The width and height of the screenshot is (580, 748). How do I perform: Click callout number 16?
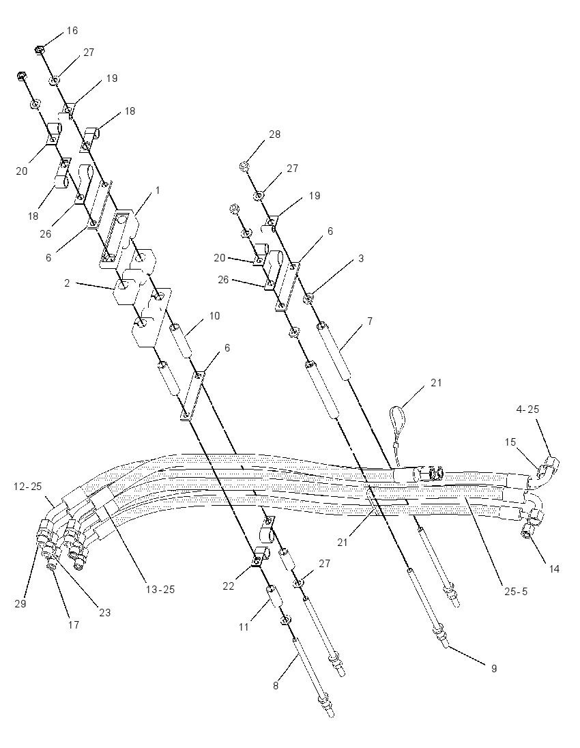point(72,31)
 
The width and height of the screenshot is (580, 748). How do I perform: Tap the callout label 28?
point(275,134)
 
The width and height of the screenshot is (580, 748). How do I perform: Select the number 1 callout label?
point(158,190)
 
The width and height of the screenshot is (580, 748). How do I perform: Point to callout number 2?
point(68,283)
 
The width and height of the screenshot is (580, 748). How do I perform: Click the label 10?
point(215,316)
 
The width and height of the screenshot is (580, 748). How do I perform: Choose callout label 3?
point(361,259)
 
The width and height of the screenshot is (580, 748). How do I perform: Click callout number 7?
point(370,321)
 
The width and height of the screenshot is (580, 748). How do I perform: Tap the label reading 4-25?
point(527,409)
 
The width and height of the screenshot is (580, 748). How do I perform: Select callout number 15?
point(510,442)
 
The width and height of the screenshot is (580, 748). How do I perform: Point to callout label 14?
point(554,569)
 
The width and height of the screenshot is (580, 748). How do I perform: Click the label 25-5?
point(515,592)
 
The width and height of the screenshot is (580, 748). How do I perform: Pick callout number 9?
point(494,668)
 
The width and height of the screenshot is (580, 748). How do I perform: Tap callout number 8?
point(276,686)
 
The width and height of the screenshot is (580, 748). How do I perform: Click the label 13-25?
point(160,590)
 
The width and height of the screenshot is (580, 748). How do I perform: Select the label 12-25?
point(29,487)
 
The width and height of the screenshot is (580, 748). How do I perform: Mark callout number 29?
point(20,603)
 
